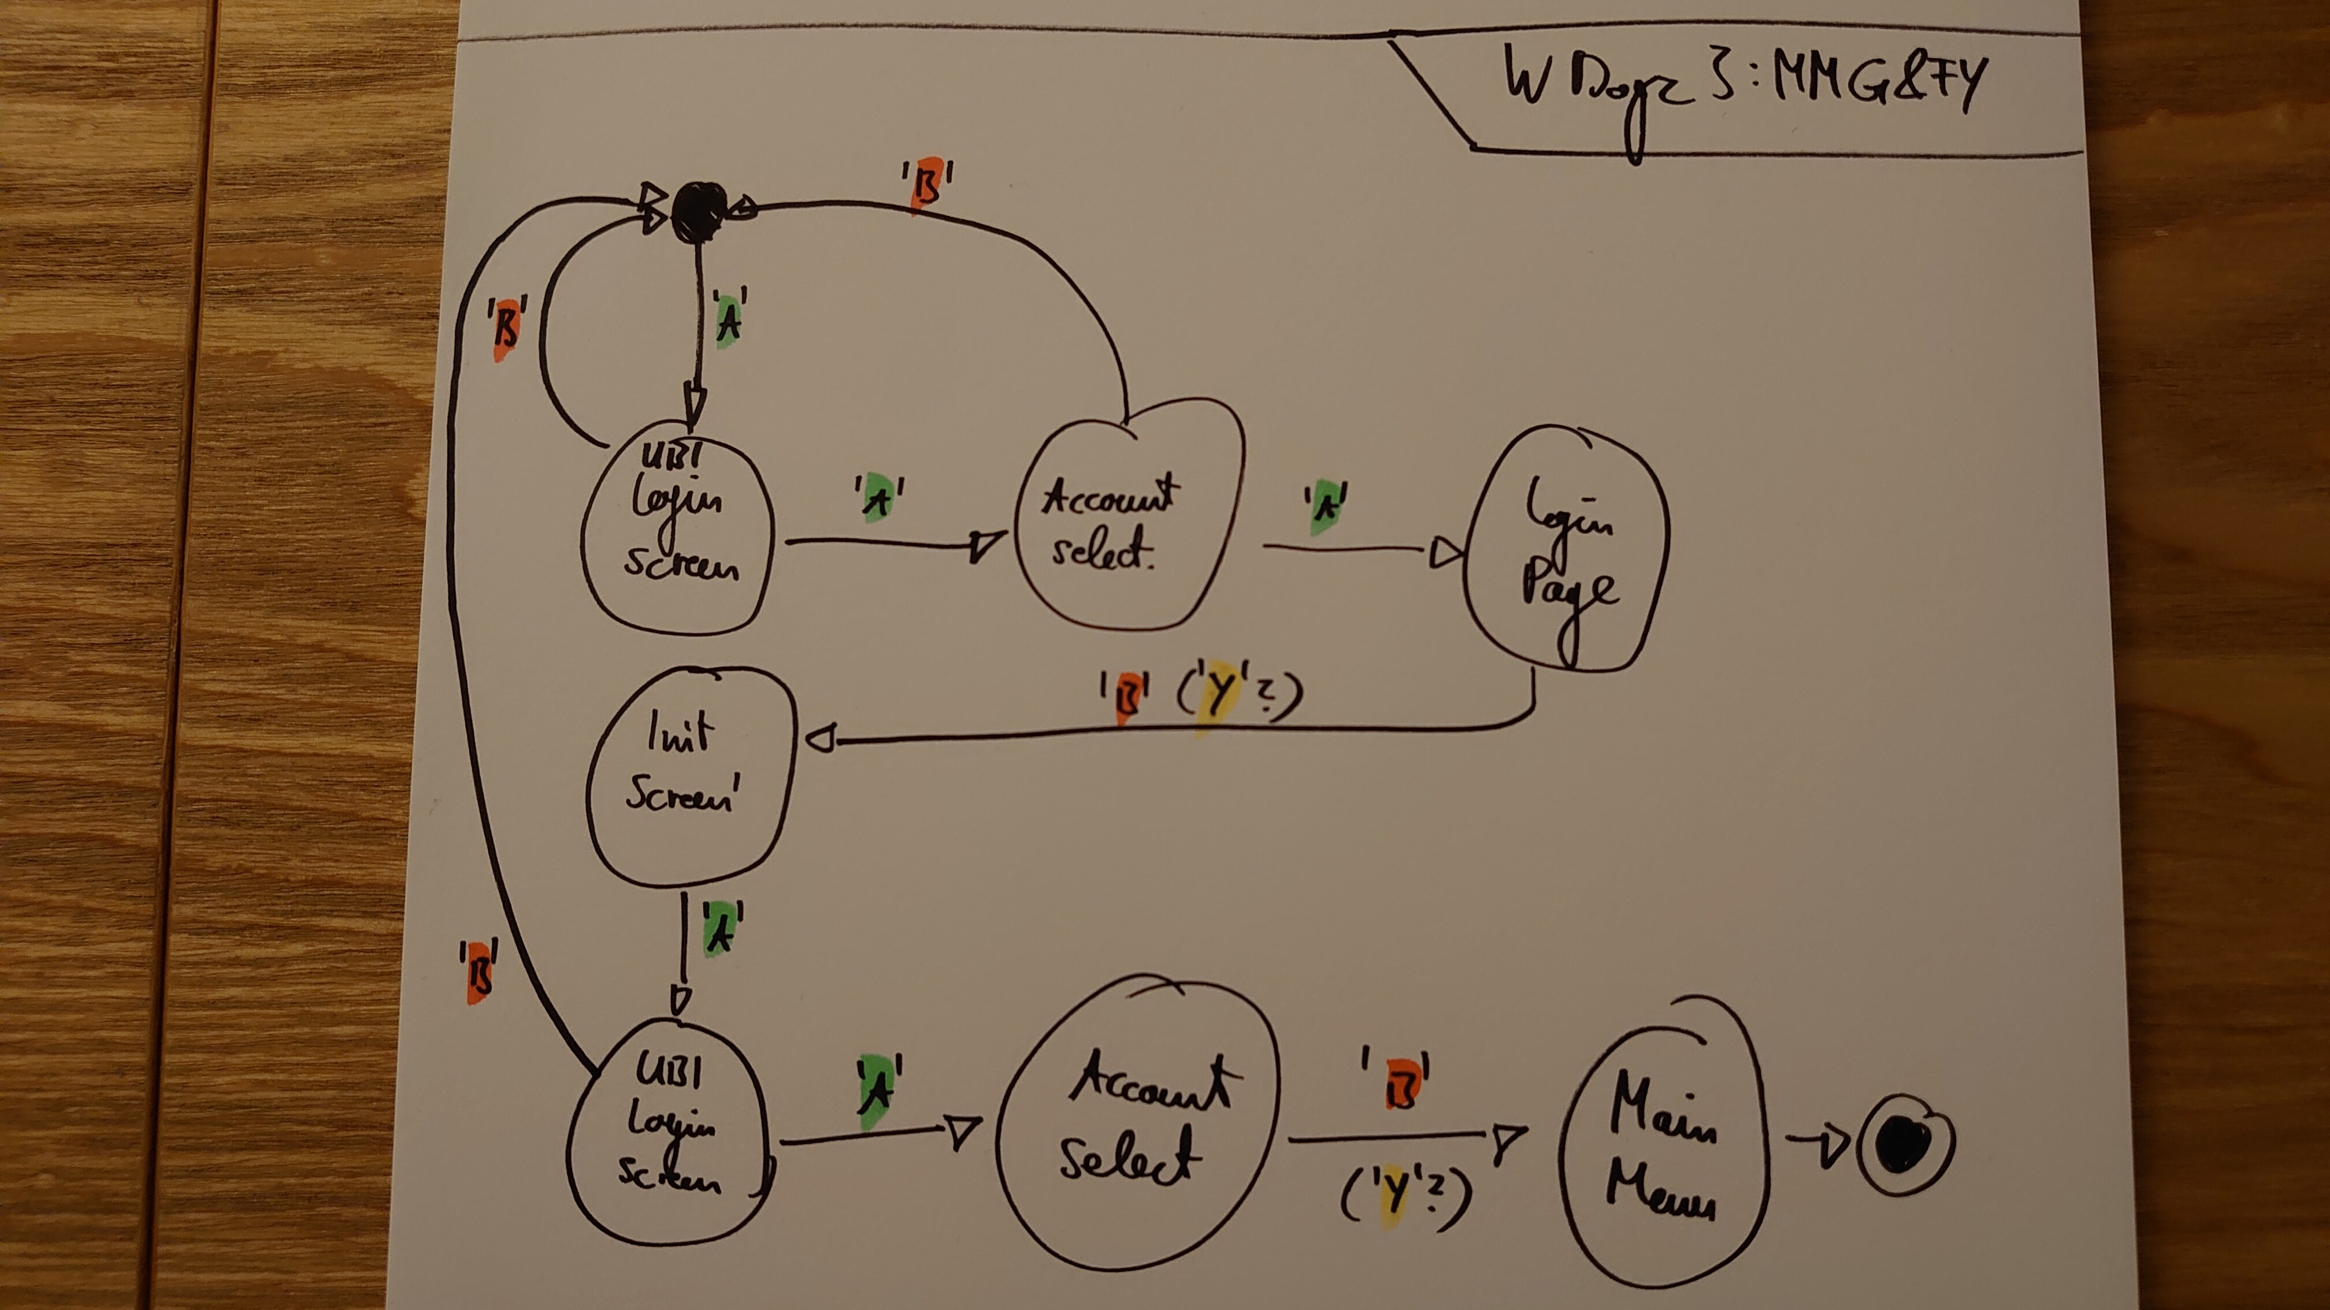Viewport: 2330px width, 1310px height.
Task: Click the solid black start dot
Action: click(699, 211)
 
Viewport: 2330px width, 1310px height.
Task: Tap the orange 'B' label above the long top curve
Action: click(926, 185)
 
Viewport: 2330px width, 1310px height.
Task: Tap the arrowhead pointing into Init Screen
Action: click(821, 740)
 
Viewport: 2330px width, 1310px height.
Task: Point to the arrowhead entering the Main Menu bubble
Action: click(1507, 1139)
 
